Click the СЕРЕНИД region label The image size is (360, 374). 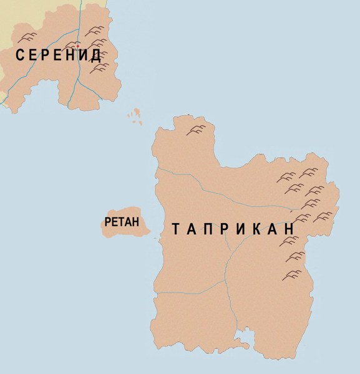click(58, 55)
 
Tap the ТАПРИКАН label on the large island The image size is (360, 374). click(233, 230)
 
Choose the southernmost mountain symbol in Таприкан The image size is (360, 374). click(291, 274)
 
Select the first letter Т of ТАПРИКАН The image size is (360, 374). click(176, 230)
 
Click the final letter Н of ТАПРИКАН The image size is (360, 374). click(289, 230)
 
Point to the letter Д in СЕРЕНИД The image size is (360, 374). click(95, 55)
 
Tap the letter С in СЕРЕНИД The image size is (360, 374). click(20, 55)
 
